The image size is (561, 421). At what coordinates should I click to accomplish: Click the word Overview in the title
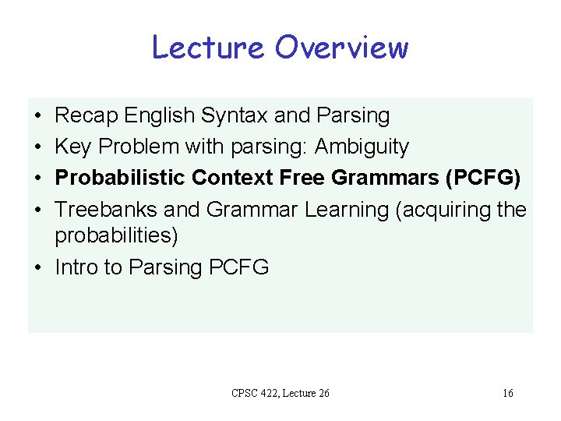341,48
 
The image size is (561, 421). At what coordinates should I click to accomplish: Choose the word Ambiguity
362,147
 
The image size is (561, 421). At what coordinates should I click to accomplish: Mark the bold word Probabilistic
120,178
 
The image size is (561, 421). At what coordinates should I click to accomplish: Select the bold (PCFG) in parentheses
483,178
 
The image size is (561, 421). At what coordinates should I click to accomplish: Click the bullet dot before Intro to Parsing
37,267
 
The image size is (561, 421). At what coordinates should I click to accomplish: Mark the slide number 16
507,393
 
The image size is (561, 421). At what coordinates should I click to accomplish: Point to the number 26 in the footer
323,393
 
